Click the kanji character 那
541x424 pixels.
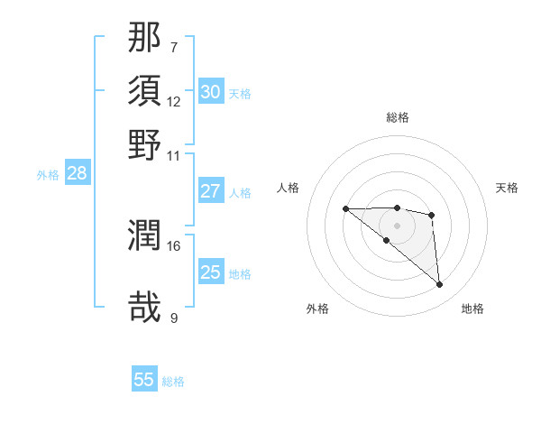point(145,39)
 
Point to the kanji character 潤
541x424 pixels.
point(145,236)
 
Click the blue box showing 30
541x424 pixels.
point(210,92)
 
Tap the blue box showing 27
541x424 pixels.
point(210,191)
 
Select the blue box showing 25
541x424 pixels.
point(210,273)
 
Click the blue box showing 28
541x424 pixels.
point(77,174)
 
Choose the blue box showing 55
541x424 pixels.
point(144,380)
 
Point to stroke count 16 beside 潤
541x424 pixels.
point(174,245)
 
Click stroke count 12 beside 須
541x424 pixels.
point(174,101)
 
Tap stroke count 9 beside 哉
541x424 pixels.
point(174,317)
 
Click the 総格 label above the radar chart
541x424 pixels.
point(398,117)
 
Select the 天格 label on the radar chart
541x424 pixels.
point(508,188)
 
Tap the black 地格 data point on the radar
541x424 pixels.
point(439,285)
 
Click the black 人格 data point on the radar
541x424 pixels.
point(345,209)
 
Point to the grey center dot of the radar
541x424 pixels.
point(398,225)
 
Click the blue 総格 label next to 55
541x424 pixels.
point(173,382)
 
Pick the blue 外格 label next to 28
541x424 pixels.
point(47,175)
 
